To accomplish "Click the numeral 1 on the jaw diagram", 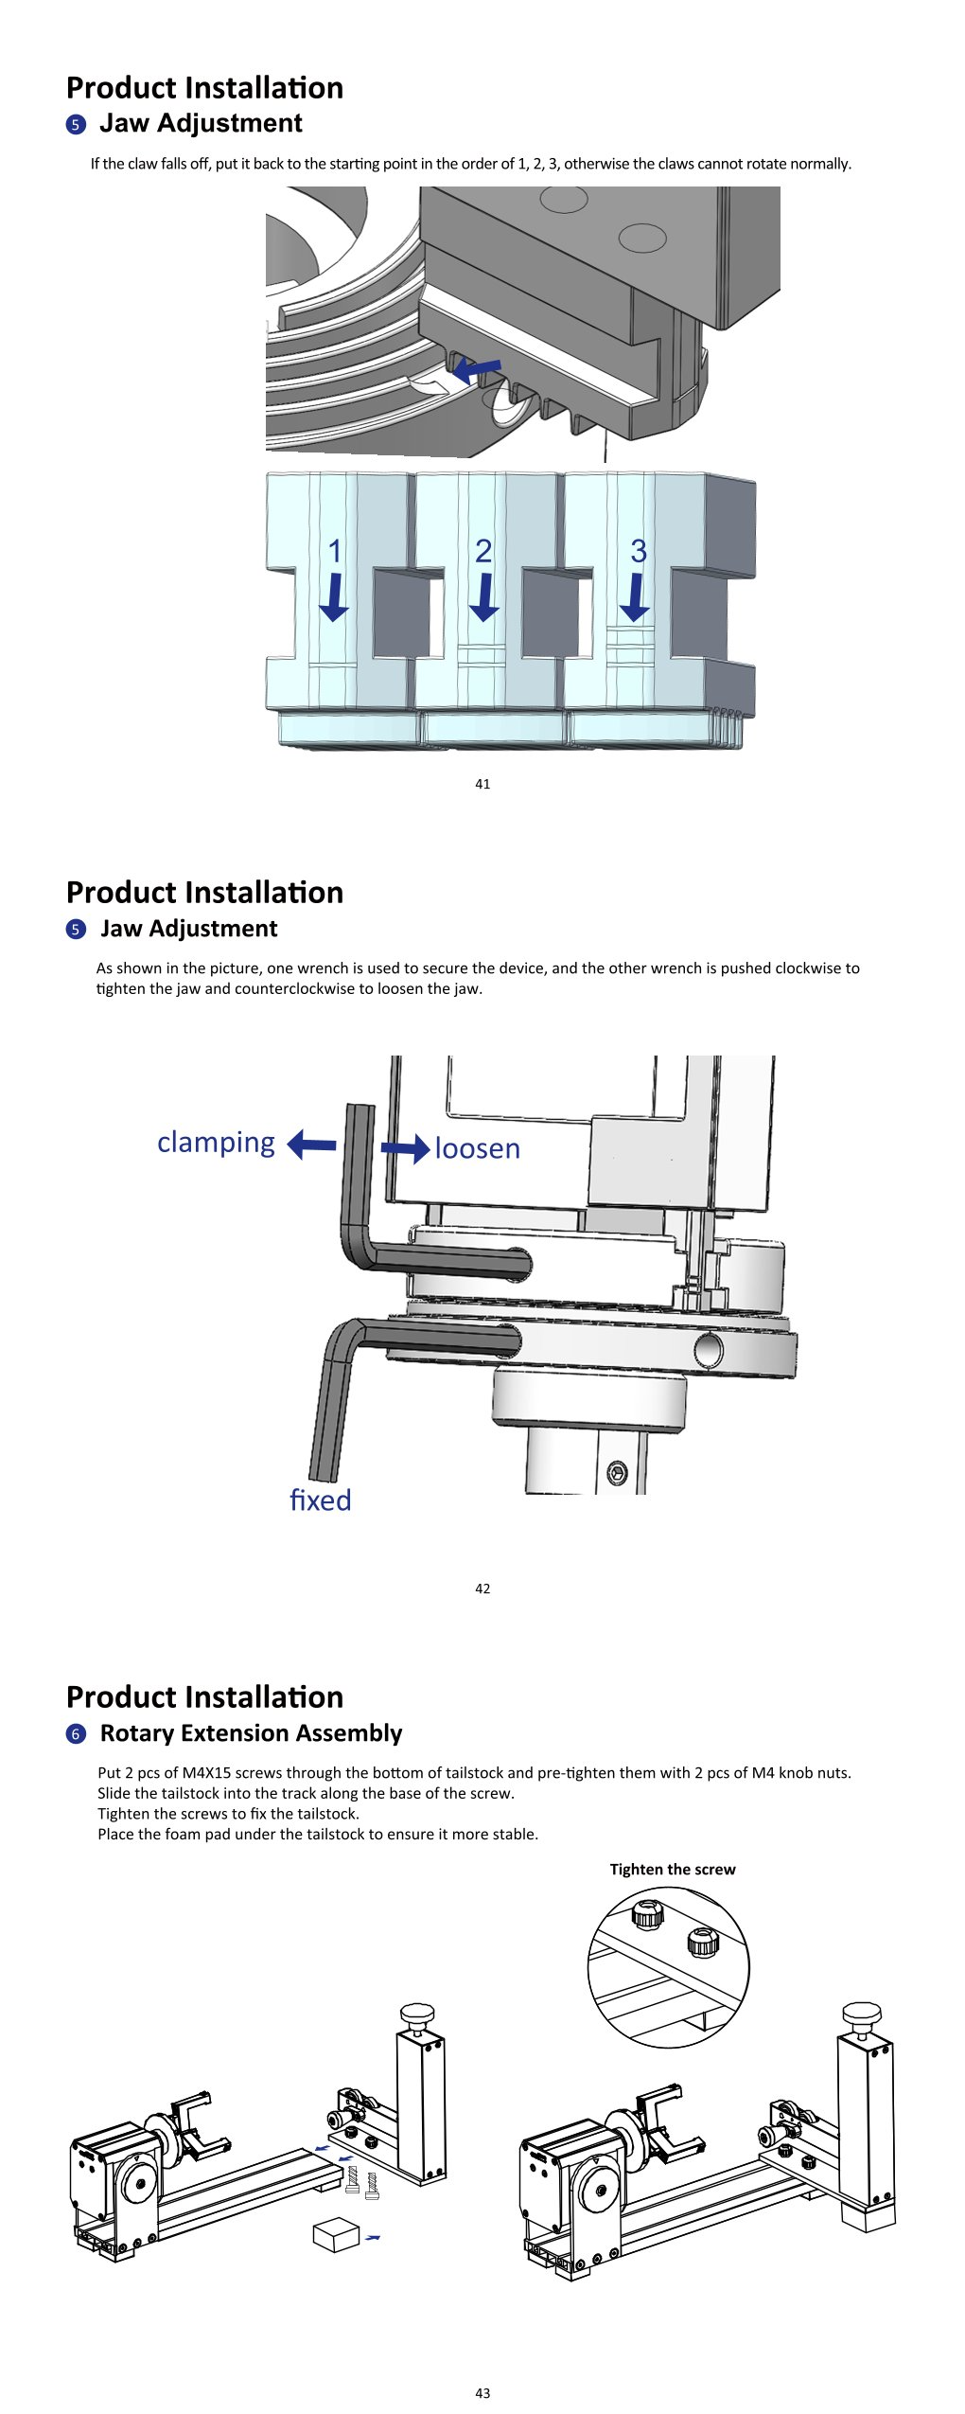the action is tap(334, 550).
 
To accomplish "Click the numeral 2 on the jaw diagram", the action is tap(483, 550).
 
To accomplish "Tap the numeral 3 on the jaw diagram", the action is tap(639, 550).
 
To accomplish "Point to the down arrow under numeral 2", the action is tap(484, 596).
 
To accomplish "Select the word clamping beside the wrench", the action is tap(216, 1143).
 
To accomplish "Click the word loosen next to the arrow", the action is tap(478, 1148).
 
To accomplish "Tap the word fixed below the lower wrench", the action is tap(320, 1500).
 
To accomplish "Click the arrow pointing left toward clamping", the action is tap(311, 1145).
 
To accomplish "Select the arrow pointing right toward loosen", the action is tap(405, 1148).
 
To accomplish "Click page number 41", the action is tap(482, 783).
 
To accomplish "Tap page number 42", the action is tap(482, 1588).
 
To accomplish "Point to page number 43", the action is tap(482, 2392).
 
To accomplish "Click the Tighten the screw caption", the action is tap(673, 1869).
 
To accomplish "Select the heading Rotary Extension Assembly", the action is tap(252, 1732).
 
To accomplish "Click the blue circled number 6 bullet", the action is tap(76, 1734).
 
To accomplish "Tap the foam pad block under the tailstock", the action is tap(336, 2233).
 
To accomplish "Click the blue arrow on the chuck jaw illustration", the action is tap(476, 369).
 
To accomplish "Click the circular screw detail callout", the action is tap(669, 1967).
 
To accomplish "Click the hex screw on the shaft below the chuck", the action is tap(617, 1472).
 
